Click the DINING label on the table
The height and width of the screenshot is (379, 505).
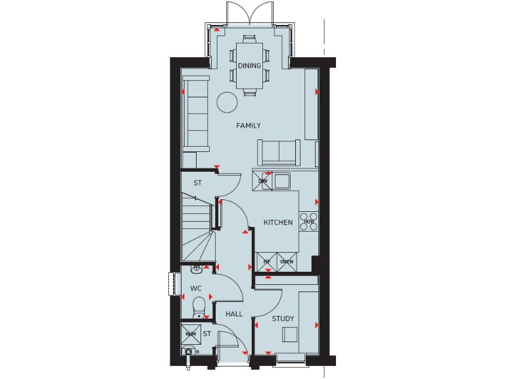click(249, 66)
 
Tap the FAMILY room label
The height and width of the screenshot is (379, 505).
click(249, 126)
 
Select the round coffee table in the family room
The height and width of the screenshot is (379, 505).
click(227, 101)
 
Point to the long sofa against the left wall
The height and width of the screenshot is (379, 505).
click(197, 112)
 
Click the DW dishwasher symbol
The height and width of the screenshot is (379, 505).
click(262, 181)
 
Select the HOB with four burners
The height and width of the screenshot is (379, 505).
click(308, 220)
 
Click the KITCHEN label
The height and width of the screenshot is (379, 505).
click(278, 222)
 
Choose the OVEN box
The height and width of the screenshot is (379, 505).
click(287, 261)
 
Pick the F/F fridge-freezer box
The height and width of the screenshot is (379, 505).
click(267, 261)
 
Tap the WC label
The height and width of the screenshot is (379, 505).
click(195, 289)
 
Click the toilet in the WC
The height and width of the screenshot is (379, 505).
click(199, 307)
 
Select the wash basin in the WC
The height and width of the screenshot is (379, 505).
click(195, 268)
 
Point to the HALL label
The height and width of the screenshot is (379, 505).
click(234, 315)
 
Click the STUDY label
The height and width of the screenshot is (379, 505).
click(283, 319)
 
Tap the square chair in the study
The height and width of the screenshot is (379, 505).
click(291, 334)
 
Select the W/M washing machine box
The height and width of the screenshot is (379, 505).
click(191, 334)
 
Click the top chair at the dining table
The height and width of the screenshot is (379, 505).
click(249, 39)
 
